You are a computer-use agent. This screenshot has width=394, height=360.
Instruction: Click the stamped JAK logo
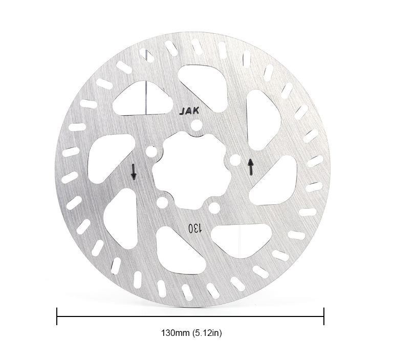[189, 111]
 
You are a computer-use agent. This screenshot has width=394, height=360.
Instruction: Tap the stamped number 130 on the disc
[195, 228]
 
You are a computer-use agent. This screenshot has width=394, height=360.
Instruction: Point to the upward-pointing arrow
[251, 166]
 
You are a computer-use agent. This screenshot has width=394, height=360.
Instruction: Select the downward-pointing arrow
[134, 172]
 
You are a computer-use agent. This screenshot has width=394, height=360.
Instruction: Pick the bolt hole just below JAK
[196, 124]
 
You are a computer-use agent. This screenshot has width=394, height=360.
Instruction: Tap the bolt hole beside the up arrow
[235, 160]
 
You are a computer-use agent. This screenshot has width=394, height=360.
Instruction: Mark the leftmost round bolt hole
[151, 151]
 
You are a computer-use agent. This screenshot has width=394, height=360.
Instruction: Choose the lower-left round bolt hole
[162, 202]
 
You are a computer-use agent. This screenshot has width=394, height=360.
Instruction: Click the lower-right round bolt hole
[214, 208]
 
